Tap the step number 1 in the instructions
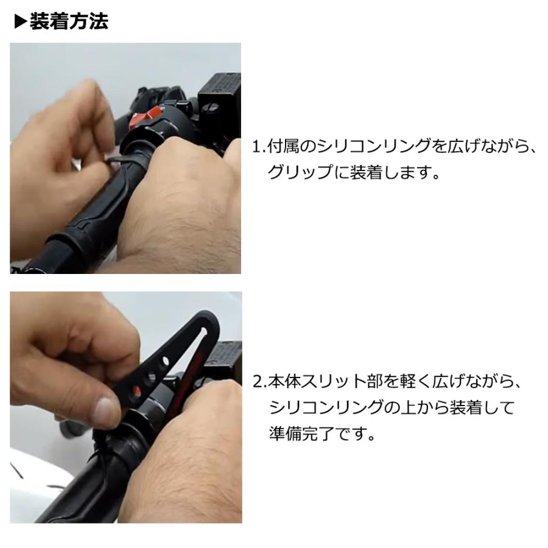pos(256,147)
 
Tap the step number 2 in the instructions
pos(256,382)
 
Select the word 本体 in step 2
pos(283,382)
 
